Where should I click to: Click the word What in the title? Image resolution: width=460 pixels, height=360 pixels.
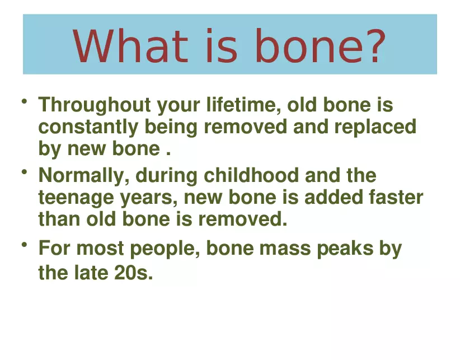(130, 46)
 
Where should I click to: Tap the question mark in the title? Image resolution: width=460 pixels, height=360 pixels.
(372, 46)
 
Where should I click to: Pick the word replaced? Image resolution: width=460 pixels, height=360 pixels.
(375, 127)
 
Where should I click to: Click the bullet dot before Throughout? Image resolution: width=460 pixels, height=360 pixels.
(25, 101)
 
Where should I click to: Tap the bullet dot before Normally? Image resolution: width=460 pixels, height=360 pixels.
(25, 172)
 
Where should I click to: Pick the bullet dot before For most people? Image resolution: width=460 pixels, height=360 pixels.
(25, 245)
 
